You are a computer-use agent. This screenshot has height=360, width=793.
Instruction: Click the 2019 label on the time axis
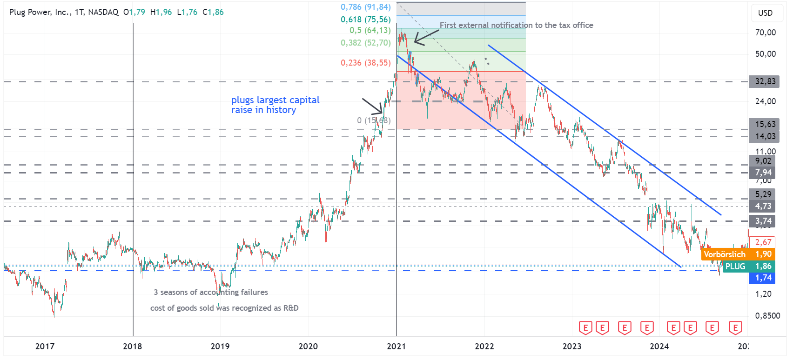220,346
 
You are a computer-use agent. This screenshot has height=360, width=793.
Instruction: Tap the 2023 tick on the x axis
571,346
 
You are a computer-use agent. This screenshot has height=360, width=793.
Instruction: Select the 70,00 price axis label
766,32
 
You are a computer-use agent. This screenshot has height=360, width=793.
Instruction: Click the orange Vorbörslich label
724,254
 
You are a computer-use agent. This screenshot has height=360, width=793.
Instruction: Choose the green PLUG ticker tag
735,266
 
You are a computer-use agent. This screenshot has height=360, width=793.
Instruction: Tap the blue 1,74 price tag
763,278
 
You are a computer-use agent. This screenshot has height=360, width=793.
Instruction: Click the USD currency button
765,13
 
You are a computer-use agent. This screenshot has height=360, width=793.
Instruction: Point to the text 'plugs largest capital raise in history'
275,105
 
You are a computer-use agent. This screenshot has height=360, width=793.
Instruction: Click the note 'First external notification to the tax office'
516,25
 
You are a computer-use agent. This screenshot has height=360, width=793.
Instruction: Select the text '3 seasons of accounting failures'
211,292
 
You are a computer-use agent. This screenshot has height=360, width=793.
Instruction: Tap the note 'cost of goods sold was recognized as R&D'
224,308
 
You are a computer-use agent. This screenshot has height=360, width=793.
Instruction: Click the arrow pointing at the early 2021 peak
426,37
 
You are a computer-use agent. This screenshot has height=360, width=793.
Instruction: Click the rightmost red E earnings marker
735,328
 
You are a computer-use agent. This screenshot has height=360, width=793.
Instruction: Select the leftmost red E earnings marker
585,328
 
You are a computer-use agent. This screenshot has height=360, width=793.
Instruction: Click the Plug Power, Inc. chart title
64,12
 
